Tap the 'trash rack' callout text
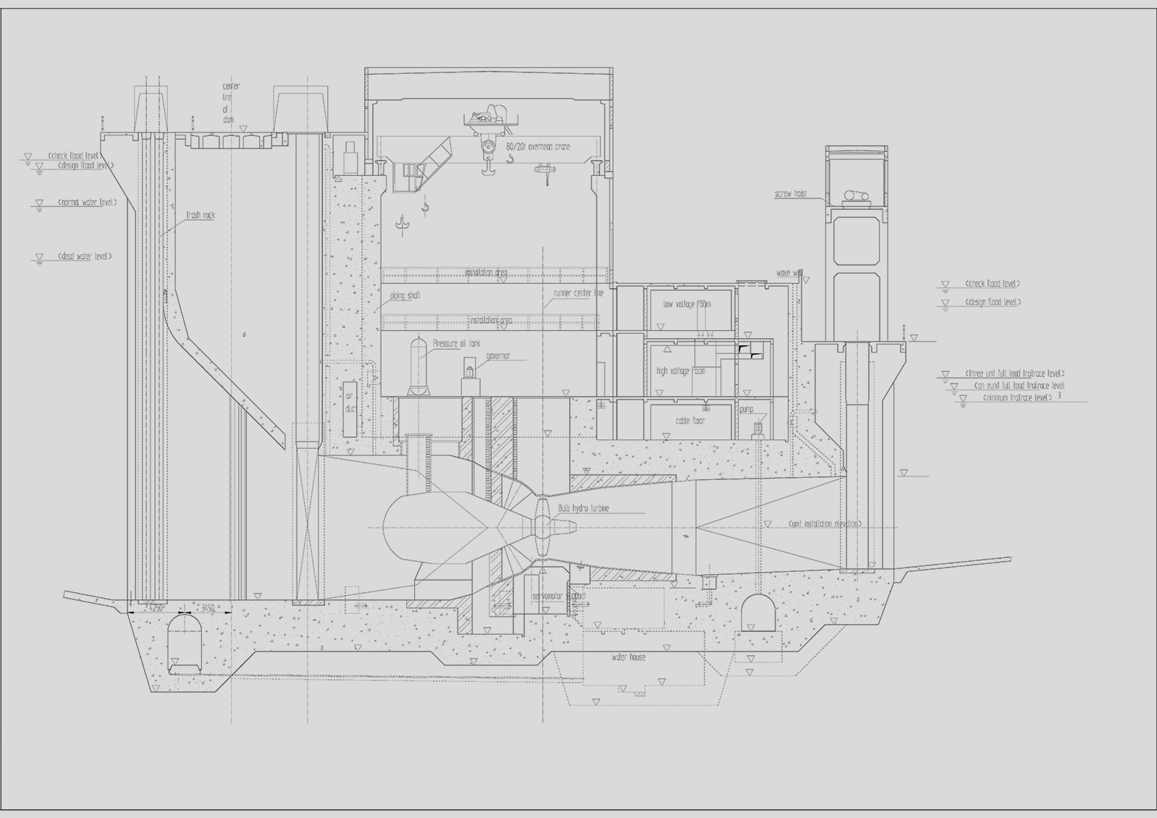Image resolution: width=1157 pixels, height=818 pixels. click(x=201, y=215)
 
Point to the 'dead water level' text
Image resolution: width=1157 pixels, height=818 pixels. click(x=85, y=256)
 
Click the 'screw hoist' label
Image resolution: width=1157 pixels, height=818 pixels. click(x=790, y=194)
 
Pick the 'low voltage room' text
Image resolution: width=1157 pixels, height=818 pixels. click(x=687, y=304)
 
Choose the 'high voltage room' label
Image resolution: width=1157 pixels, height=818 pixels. click(x=681, y=371)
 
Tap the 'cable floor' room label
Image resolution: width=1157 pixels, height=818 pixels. click(x=690, y=421)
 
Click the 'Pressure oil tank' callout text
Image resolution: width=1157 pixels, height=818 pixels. click(x=456, y=344)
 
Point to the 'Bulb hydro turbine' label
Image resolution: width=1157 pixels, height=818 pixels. click(x=584, y=508)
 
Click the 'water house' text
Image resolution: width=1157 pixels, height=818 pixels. click(x=628, y=657)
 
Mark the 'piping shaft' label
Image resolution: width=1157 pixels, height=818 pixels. click(x=405, y=296)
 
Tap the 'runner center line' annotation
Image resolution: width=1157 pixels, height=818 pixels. click(x=578, y=293)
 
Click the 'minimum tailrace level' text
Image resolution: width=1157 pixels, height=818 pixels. click(x=1017, y=397)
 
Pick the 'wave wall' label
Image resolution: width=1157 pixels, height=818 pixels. click(x=788, y=273)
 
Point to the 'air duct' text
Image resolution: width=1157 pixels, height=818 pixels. click(x=350, y=402)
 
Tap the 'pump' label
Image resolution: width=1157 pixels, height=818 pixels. click(x=746, y=410)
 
